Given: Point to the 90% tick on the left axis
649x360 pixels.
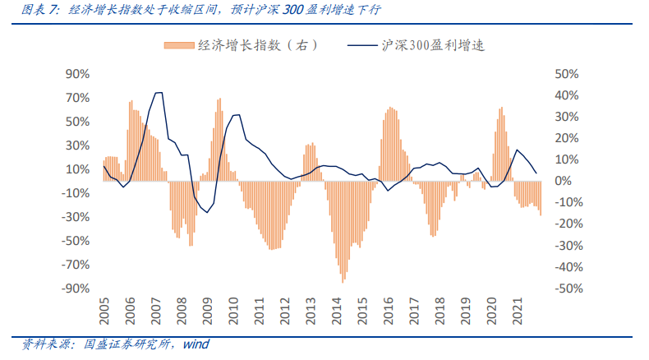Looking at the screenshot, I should tap(76, 74).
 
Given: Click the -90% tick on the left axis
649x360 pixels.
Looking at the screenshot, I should tap(74, 288).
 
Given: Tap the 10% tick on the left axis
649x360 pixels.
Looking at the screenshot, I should tap(76, 169).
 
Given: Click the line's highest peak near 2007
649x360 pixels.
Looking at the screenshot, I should tap(159, 93).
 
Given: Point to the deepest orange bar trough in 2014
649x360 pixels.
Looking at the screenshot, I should tap(343, 281).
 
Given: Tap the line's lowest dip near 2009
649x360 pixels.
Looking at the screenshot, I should tap(206, 212).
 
